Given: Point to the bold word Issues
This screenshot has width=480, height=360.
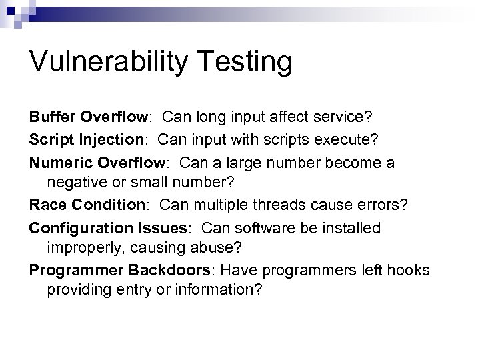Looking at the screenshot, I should pyautogui.click(x=159, y=229).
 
